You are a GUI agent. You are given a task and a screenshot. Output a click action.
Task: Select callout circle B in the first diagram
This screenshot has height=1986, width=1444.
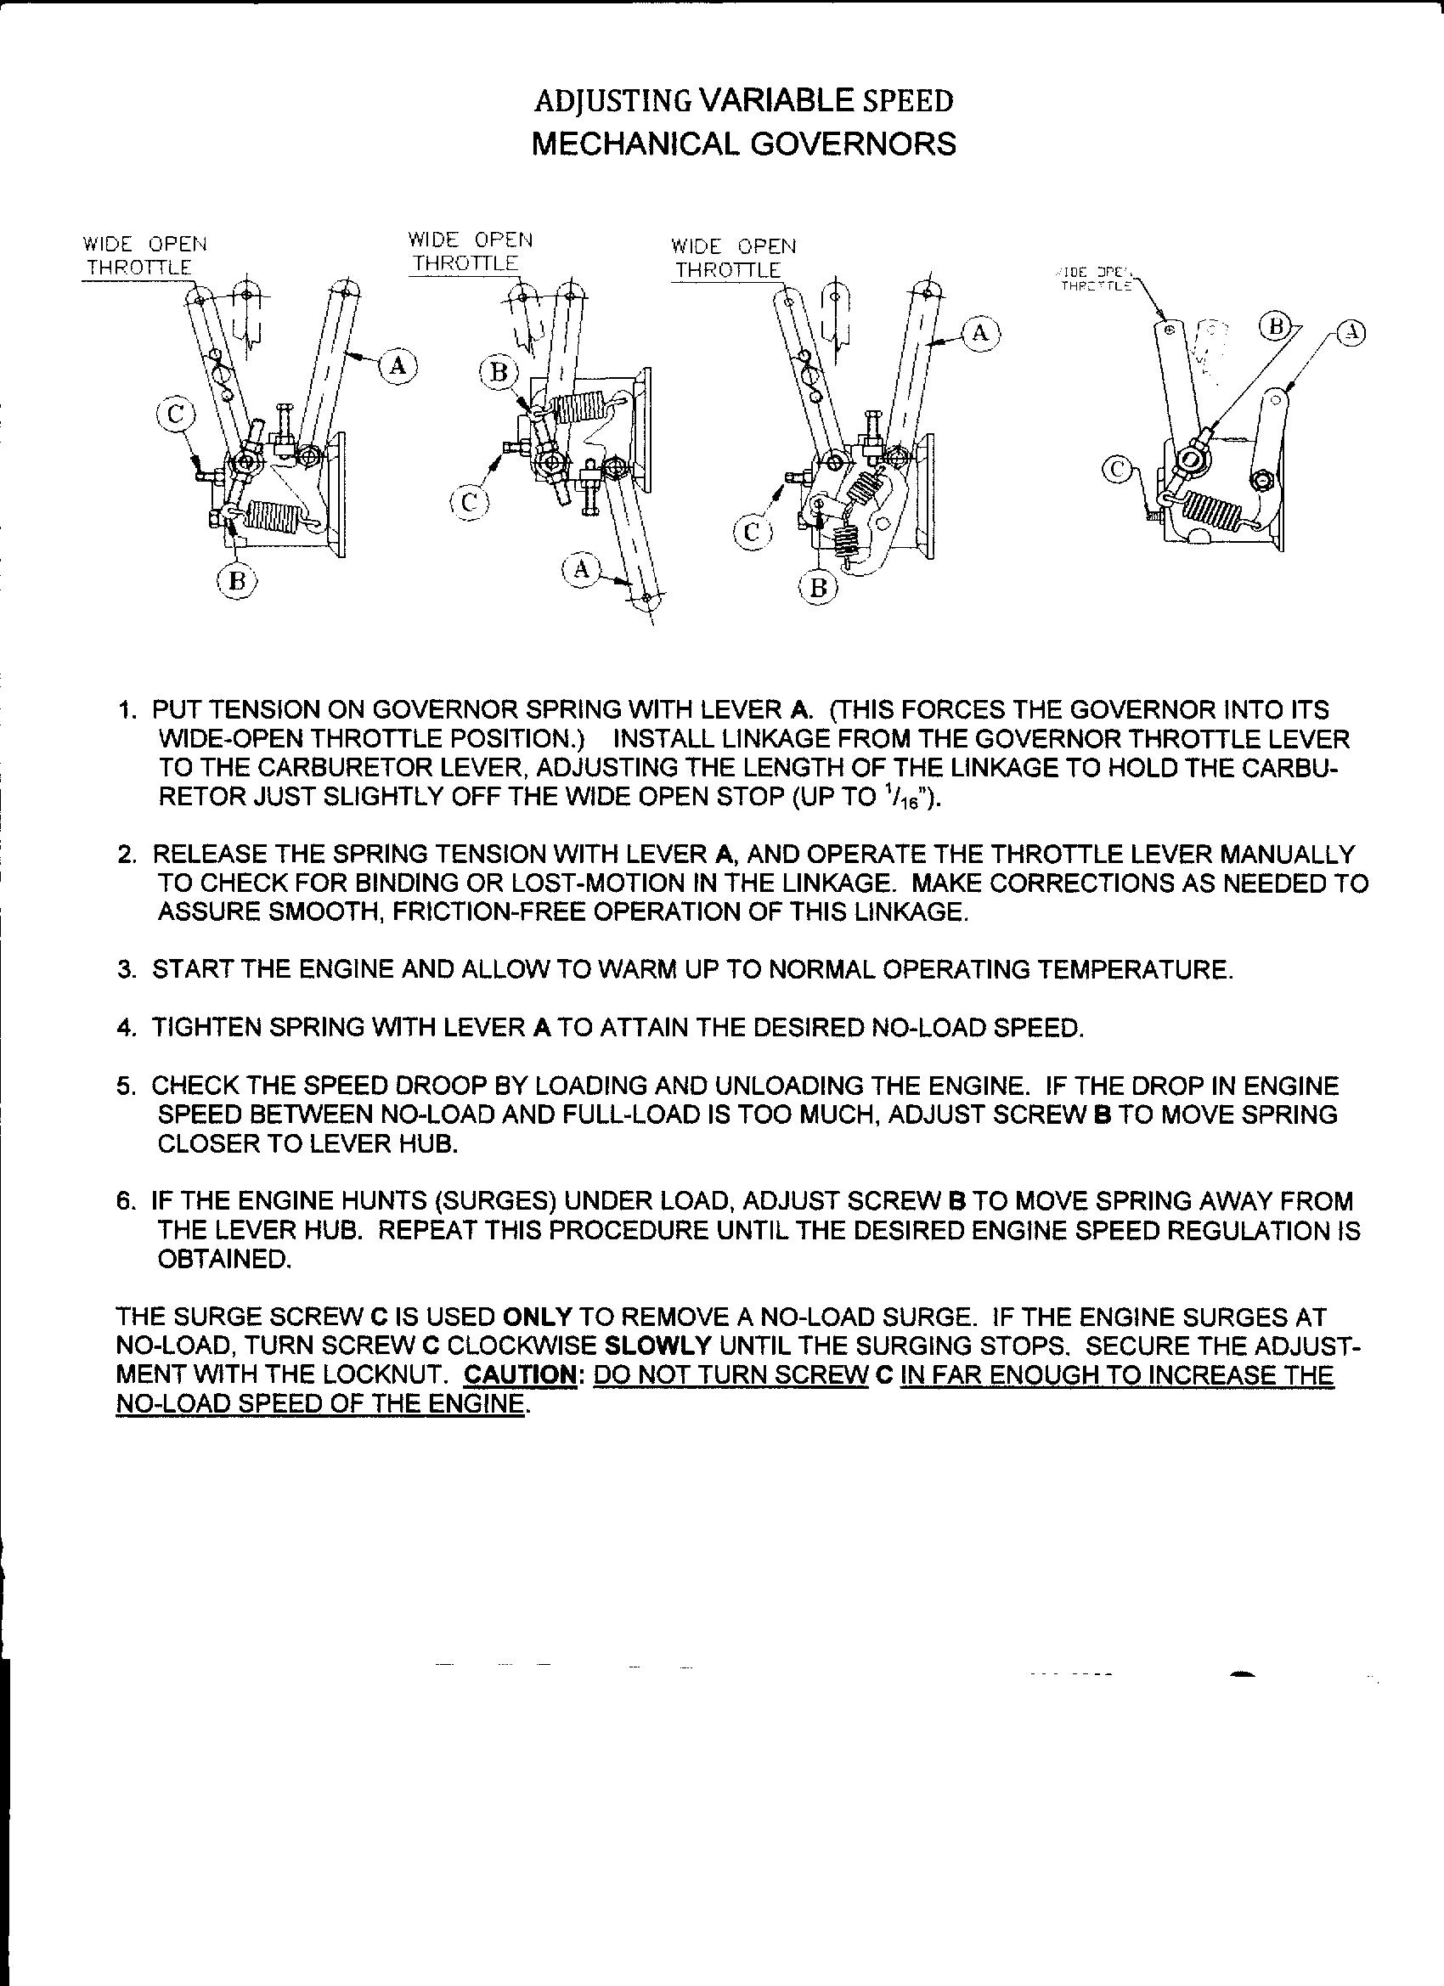[236, 579]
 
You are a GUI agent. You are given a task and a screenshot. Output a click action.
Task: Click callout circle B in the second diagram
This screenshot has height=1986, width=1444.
[499, 372]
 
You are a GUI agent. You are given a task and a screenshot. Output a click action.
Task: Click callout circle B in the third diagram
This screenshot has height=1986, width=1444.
[818, 589]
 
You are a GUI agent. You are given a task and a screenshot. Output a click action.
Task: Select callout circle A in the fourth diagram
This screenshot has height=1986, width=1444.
[1353, 333]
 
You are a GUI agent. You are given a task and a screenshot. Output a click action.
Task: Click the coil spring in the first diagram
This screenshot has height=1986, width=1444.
[273, 514]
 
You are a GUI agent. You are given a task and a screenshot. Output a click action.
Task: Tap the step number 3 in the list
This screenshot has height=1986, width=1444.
[123, 970]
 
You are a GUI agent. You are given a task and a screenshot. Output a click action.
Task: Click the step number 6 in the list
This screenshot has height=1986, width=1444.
[123, 1201]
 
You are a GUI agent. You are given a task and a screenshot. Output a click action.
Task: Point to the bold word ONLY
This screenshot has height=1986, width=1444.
[537, 1316]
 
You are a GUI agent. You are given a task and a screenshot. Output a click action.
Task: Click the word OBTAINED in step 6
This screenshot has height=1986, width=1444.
[223, 1259]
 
